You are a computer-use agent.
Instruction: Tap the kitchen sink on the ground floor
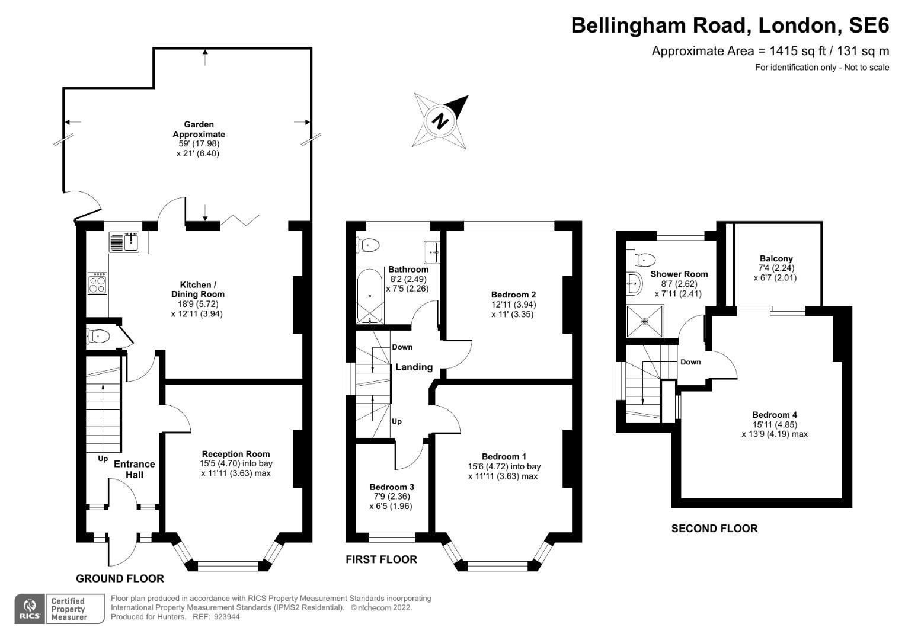click(124, 242)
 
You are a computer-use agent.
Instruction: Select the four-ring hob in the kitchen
click(97, 283)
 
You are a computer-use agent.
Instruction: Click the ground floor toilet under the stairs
click(98, 337)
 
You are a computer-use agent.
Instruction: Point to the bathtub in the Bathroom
click(370, 296)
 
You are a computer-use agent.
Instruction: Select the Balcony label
click(776, 258)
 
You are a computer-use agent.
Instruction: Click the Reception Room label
click(235, 454)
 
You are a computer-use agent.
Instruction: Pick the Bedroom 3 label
click(392, 487)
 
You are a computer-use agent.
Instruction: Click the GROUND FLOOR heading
click(120, 578)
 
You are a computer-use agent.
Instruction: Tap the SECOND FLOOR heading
click(714, 529)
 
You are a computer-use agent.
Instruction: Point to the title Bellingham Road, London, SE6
click(730, 25)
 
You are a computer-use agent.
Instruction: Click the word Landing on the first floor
click(414, 367)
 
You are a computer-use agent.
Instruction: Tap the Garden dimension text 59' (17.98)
click(199, 144)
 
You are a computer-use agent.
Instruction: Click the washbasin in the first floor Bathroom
click(432, 252)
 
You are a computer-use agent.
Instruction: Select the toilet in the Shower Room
click(645, 260)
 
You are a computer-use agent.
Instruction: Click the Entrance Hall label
click(135, 469)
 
